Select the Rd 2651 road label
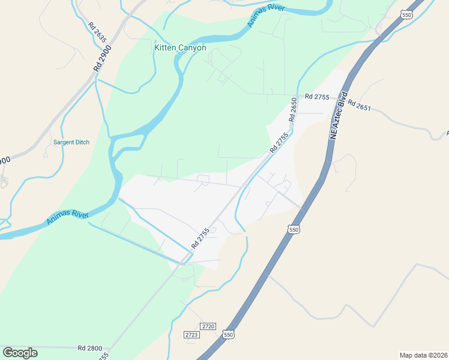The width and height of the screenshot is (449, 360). point(360,105)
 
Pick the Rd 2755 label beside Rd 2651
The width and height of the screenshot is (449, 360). point(317,97)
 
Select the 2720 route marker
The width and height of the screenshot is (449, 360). point(208,326)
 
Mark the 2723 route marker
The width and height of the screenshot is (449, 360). point(191,334)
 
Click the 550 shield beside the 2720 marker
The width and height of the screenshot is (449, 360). point(227,334)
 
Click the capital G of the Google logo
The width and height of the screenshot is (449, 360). point(8,353)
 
